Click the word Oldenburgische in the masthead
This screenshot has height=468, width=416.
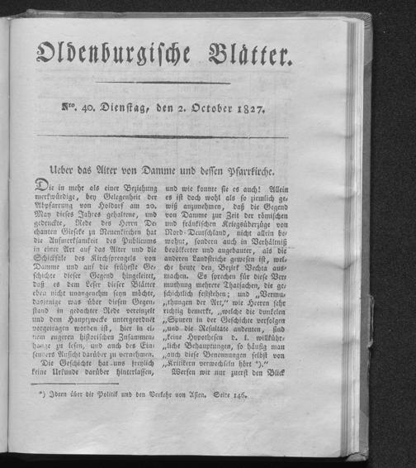tap(113, 54)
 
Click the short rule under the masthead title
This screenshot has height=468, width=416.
tap(179, 83)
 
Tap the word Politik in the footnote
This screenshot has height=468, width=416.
tap(110, 395)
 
